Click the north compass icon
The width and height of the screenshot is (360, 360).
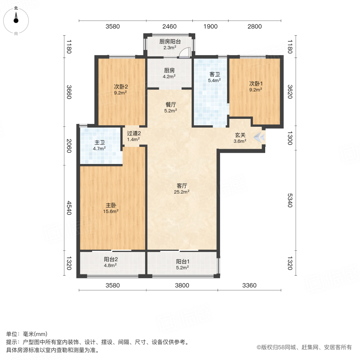pos(16,19)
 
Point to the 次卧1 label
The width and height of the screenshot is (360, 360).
pos(256,84)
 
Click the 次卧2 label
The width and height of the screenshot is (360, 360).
pos(120,86)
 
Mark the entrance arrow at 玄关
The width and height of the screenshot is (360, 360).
pos(260,137)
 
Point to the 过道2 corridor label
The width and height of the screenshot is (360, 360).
pos(134,134)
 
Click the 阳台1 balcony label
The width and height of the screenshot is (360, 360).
pos(182,262)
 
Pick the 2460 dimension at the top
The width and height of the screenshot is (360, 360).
pos(169,27)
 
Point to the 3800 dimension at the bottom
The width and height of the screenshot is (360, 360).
pos(182,285)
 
